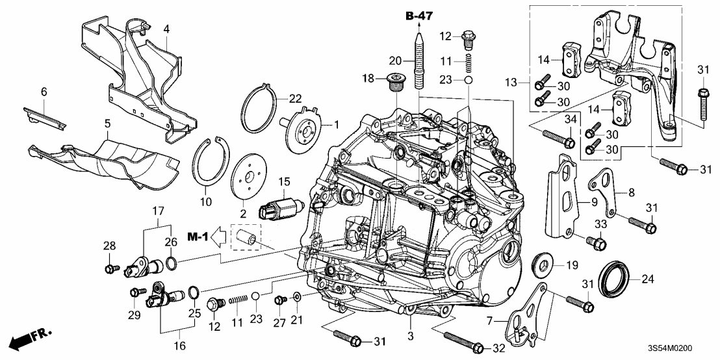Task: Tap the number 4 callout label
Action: pos(166,29)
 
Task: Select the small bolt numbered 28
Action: pos(109,266)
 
